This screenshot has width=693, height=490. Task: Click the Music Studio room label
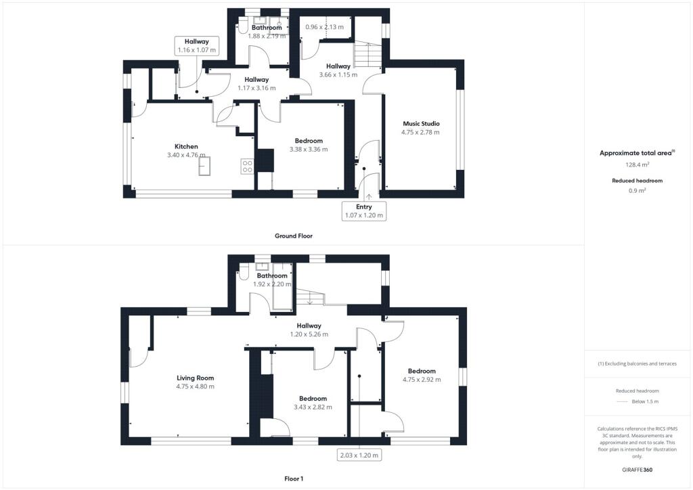pyautogui.click(x=421, y=124)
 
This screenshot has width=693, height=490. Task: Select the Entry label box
pyautogui.click(x=365, y=210)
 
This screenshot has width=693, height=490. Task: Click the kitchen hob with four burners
pyautogui.click(x=247, y=166)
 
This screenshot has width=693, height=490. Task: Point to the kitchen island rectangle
pyautogui.click(x=205, y=166)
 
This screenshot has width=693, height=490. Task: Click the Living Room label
pyautogui.click(x=195, y=378)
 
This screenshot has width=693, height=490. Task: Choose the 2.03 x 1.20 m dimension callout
pyautogui.click(x=359, y=454)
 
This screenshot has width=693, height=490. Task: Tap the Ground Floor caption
pyautogui.click(x=293, y=236)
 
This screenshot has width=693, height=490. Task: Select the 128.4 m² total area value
pyautogui.click(x=636, y=164)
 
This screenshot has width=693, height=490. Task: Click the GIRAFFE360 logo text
pyautogui.click(x=638, y=470)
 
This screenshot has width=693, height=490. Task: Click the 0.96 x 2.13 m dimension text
pyautogui.click(x=324, y=27)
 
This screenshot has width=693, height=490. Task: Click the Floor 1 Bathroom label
pyautogui.click(x=271, y=275)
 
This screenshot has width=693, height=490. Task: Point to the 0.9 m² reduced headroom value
pyautogui.click(x=636, y=190)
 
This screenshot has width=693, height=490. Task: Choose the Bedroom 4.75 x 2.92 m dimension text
pyautogui.click(x=421, y=380)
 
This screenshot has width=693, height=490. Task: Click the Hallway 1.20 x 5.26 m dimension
pyautogui.click(x=309, y=334)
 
